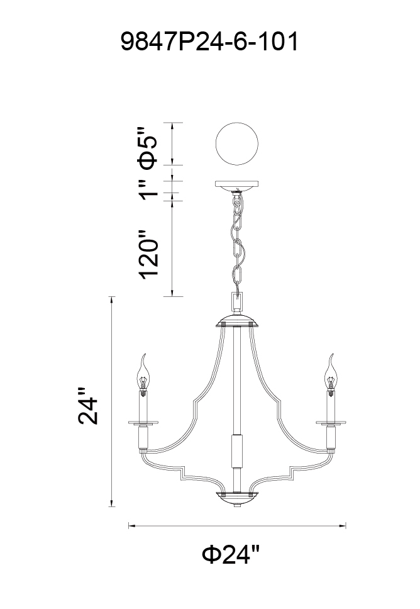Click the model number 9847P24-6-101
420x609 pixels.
209,42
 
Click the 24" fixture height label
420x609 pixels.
89,405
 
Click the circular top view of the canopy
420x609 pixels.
237,143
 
